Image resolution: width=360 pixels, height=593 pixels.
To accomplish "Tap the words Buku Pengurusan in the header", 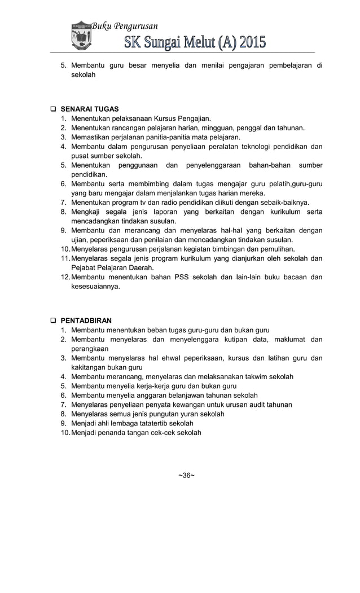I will [x=124, y=26].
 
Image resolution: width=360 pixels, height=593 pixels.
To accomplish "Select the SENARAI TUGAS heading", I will [x=90, y=109].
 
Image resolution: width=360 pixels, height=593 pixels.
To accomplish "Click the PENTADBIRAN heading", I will [x=86, y=320].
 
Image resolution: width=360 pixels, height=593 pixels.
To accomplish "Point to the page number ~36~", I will [x=187, y=475].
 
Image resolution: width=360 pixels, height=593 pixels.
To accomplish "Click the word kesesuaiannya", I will [x=95, y=287].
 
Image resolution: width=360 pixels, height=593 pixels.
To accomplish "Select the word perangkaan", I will [x=90, y=349].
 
